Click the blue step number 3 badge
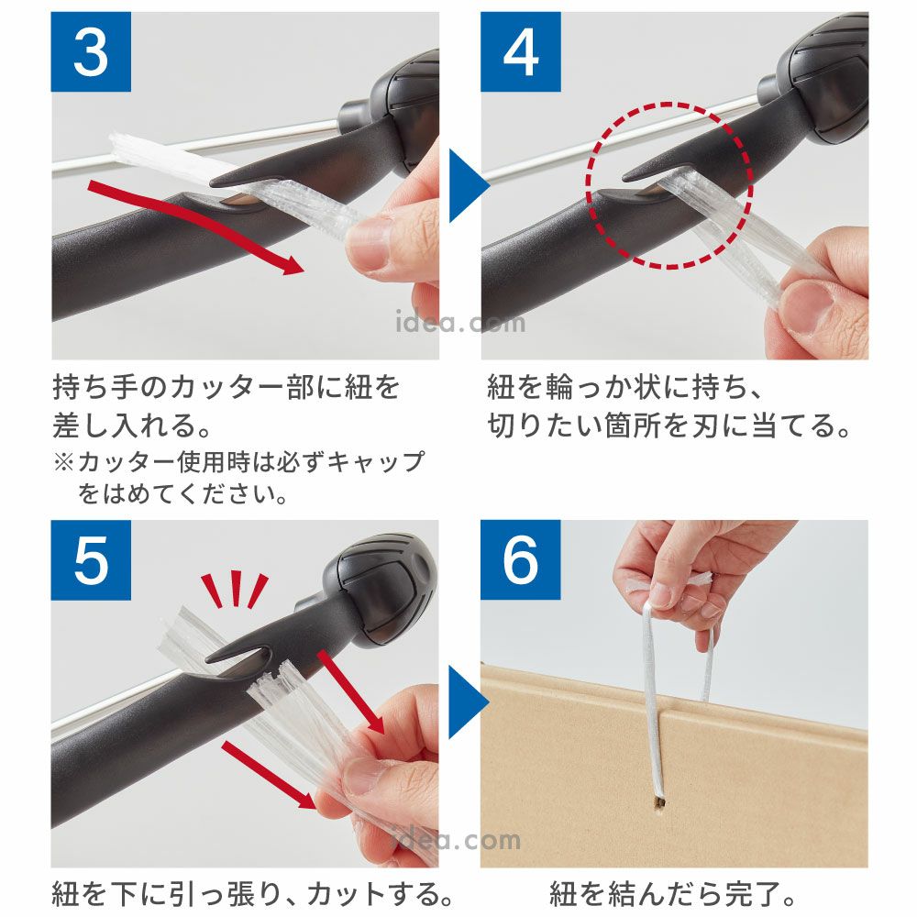pos(91,51)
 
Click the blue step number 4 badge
pos(521,51)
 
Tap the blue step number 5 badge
pos(91,560)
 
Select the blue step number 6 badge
pos(521,560)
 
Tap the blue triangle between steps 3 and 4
pos(468,186)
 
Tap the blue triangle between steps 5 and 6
pos(468,702)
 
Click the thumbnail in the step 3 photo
pos(368,244)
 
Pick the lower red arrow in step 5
pos(269,776)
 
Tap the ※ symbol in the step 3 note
pos(63,462)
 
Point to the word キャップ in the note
pos(375,462)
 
